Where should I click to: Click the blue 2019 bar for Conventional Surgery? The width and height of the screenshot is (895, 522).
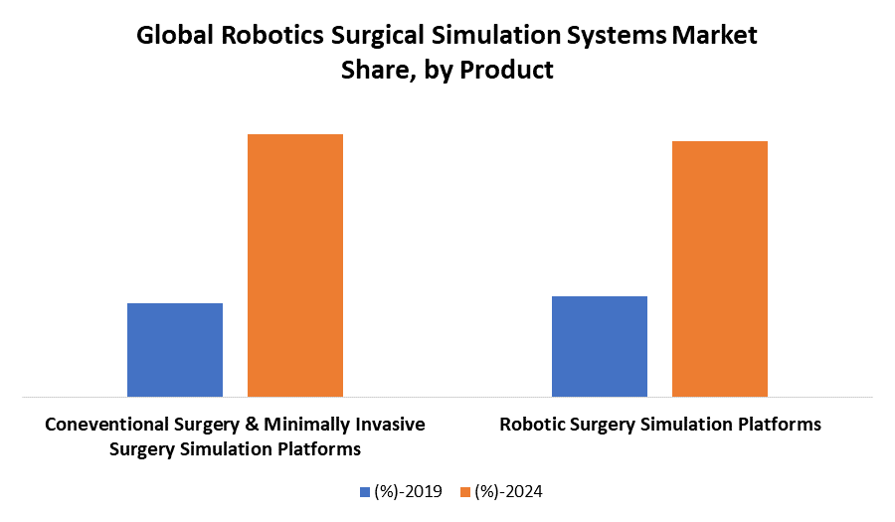(175, 350)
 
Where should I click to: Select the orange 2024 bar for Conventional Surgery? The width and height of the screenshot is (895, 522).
(295, 265)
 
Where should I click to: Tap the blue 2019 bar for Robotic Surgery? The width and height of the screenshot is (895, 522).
(600, 347)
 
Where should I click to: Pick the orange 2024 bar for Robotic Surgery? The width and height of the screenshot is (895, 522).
(720, 269)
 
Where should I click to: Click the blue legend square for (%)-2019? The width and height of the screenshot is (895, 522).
(365, 491)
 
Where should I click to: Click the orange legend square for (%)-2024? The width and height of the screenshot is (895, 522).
(464, 491)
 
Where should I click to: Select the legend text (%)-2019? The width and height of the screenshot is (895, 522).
(408, 491)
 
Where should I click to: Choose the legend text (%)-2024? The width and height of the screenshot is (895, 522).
(508, 491)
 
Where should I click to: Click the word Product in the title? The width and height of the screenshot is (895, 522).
(506, 71)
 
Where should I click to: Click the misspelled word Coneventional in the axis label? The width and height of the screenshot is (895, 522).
(107, 425)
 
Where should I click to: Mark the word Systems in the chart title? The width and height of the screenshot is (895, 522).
(617, 37)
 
